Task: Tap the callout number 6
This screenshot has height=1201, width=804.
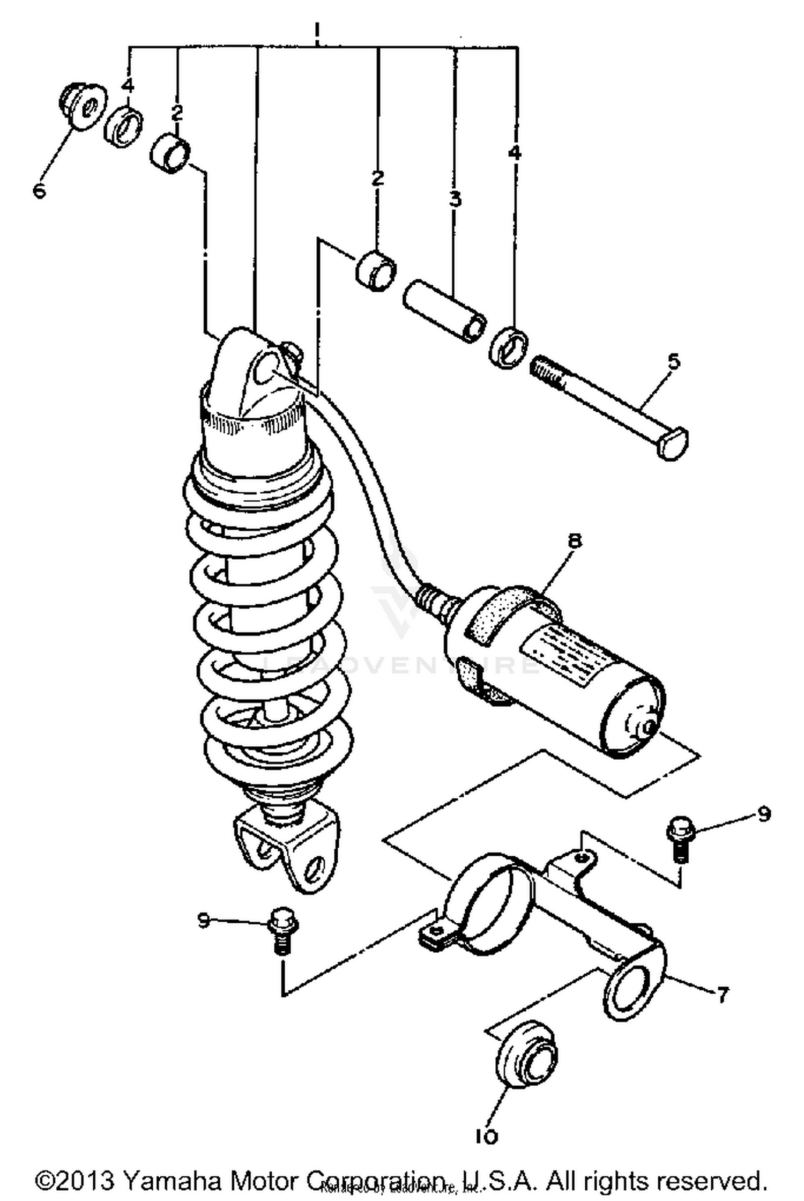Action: pyautogui.click(x=40, y=190)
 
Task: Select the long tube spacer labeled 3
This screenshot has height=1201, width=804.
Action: pyautogui.click(x=445, y=310)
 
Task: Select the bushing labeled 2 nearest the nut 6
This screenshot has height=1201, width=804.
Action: pyautogui.click(x=170, y=153)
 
